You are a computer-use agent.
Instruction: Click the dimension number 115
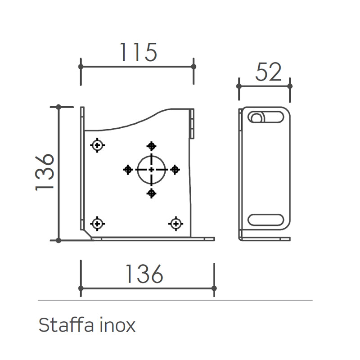pyautogui.click(x=138, y=52)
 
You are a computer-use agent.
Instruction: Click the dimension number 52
pyautogui.click(x=268, y=72)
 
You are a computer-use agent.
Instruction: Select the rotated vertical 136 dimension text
pyautogui.click(x=45, y=173)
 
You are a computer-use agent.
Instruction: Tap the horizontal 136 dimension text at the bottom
pyautogui.click(x=144, y=274)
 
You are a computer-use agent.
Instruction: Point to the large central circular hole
pyautogui.click(x=152, y=169)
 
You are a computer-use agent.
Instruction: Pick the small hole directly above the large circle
pyautogui.click(x=152, y=146)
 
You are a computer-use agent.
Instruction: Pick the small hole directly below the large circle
pyautogui.click(x=152, y=193)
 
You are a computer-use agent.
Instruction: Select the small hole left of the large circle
pyautogui.click(x=128, y=169)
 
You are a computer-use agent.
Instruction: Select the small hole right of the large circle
pyautogui.click(x=175, y=169)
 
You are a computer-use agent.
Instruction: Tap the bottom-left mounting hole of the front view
pyautogui.click(x=98, y=223)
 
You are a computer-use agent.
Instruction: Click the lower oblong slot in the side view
pyautogui.click(x=266, y=220)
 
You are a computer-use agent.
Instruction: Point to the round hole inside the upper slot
pyautogui.click(x=256, y=118)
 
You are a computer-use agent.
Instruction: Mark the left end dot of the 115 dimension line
pyautogui.click(x=81, y=66)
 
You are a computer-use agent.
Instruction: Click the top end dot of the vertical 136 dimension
pyautogui.click(x=58, y=107)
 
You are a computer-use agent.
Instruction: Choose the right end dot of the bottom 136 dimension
pyautogui.click(x=214, y=288)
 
